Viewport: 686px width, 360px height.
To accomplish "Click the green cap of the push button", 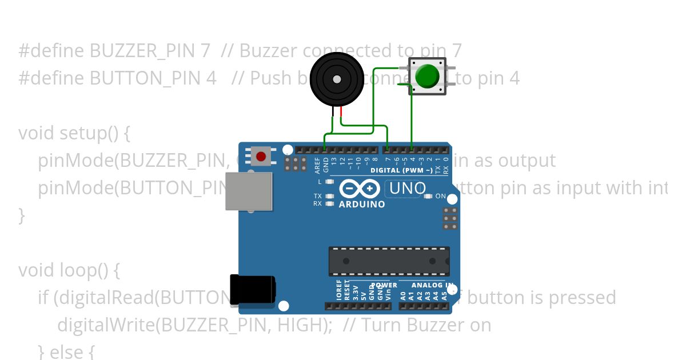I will tap(427, 76).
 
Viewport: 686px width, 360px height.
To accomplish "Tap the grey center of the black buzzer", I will tap(337, 79).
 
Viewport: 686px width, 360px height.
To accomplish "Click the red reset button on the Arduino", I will tap(261, 156).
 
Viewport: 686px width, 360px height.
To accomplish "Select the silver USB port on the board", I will tap(249, 191).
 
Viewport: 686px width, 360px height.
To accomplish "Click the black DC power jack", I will tap(252, 291).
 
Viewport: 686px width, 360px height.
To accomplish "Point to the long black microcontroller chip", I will tap(389, 261).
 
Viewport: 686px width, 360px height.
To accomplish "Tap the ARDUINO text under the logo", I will tap(362, 204).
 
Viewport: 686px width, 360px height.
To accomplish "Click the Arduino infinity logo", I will tap(360, 189).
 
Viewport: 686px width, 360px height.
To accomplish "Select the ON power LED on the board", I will tap(428, 197).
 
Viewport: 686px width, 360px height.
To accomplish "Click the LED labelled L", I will tap(329, 182).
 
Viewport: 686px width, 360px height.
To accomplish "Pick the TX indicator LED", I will tap(329, 197).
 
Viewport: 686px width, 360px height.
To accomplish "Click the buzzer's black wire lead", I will tap(333, 114).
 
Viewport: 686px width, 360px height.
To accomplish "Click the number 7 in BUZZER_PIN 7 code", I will tap(206, 51).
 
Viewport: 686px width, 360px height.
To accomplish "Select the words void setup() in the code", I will tap(74, 133).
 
